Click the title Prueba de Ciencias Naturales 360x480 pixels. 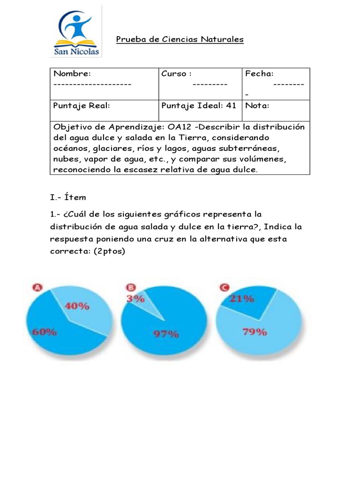click(x=180, y=39)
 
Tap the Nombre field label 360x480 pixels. click(x=72, y=74)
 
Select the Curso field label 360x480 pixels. click(x=176, y=74)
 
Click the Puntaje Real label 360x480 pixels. click(x=82, y=106)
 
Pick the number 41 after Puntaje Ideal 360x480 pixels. click(x=231, y=106)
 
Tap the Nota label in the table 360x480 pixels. click(x=257, y=106)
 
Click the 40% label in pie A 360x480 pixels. click(x=77, y=306)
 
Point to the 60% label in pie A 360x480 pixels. click(x=45, y=332)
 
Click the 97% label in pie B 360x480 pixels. click(x=166, y=334)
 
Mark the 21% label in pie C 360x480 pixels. click(x=242, y=299)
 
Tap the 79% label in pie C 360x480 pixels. click(x=255, y=332)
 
